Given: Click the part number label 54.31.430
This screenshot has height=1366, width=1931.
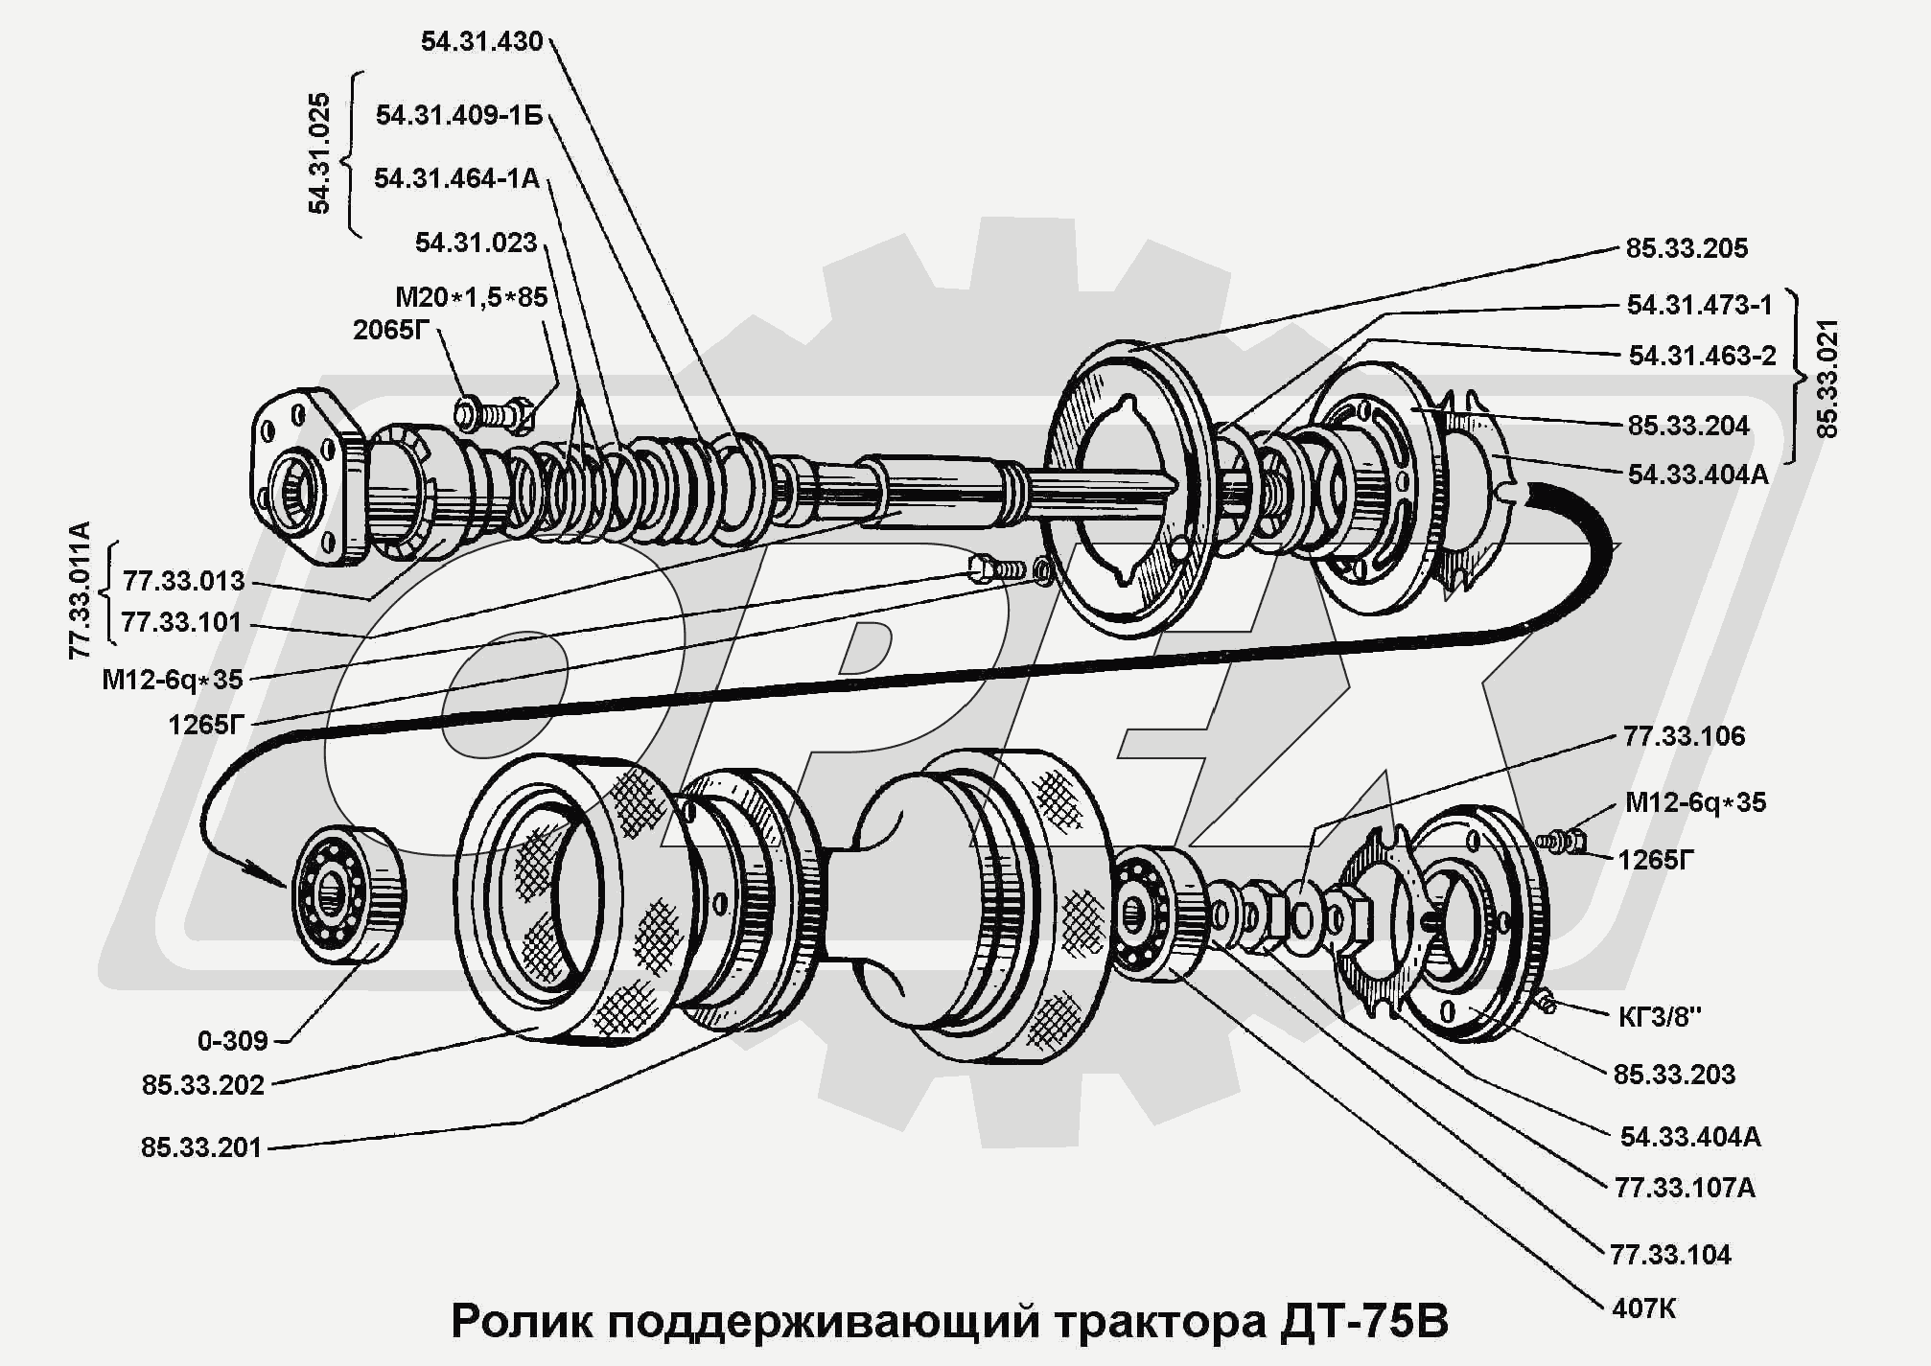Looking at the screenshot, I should coord(481,41).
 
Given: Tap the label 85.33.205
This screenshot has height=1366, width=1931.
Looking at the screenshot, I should coord(1687,248).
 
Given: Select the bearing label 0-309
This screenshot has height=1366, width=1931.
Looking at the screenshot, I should coord(232,1040).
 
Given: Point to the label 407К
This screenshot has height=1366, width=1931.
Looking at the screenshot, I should coord(1644,1308).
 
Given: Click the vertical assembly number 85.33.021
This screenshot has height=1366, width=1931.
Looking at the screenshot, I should coord(1827,379).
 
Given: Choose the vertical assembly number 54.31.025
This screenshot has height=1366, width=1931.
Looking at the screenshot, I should coord(319,153).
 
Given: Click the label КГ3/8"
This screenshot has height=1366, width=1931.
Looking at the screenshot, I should coord(1660,1016).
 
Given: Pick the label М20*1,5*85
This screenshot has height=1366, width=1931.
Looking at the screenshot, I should coord(471,297).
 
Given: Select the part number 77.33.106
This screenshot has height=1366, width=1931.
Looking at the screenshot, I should coord(1684,736).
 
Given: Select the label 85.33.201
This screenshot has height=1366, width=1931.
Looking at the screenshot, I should coord(201,1147).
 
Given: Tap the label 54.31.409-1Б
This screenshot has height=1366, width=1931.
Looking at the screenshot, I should coord(458,115).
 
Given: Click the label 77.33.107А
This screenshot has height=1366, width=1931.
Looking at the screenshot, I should coord(1685,1188).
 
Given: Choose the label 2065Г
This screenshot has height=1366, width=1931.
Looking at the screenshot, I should coord(390,330).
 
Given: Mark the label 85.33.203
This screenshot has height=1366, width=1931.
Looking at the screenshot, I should coord(1674,1075).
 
